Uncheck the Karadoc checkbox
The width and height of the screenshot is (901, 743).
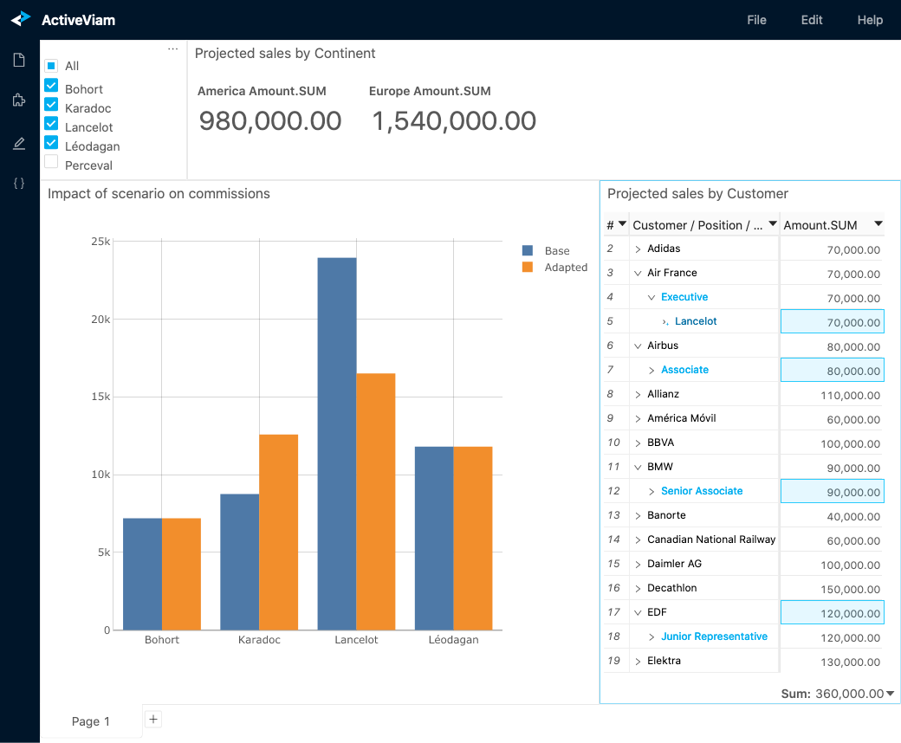(x=51, y=107)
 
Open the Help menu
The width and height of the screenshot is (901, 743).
(x=870, y=20)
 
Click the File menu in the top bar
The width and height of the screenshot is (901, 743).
(x=756, y=20)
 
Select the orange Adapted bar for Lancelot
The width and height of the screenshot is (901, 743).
(x=376, y=501)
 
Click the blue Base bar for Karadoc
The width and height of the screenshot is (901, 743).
(x=240, y=561)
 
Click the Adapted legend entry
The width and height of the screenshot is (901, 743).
(x=566, y=268)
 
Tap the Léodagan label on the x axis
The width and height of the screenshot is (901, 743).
(x=453, y=640)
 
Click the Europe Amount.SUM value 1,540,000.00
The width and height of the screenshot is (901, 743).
(x=454, y=121)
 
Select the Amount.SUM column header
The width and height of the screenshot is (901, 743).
(x=820, y=225)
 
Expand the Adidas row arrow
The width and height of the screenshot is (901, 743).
(x=638, y=249)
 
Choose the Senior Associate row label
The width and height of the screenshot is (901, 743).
(x=702, y=491)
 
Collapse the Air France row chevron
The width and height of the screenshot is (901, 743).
(x=638, y=273)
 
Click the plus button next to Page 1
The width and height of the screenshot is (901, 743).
(x=153, y=719)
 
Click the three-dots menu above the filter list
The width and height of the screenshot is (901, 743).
(x=172, y=49)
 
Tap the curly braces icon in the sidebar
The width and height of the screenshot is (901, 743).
(x=19, y=184)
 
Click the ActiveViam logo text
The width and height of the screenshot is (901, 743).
(x=78, y=20)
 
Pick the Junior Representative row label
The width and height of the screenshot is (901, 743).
(x=714, y=636)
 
